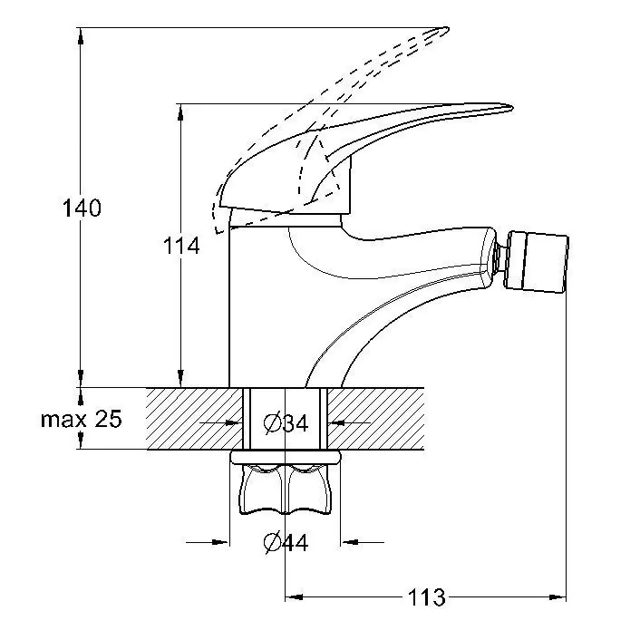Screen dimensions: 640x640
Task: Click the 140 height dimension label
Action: pos(82,208)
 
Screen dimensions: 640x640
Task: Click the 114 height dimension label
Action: pos(181,245)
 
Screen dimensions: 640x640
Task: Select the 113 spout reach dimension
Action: pos(426,597)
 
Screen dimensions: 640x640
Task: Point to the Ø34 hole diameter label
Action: pos(286,422)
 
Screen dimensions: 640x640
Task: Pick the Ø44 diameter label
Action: pos(286,543)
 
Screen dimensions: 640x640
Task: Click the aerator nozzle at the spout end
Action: pos(539,263)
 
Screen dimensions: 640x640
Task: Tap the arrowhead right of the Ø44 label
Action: pos(350,543)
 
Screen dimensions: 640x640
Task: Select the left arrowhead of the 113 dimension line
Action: pos(293,597)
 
